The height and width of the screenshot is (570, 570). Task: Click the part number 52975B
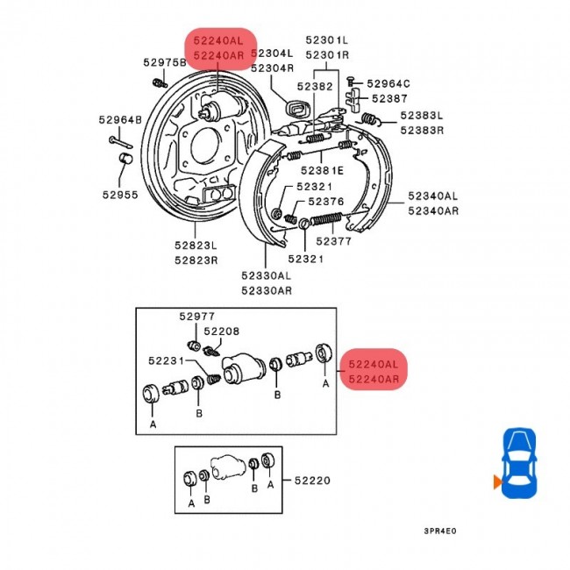coord(165,62)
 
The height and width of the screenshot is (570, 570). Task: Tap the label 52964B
coord(120,119)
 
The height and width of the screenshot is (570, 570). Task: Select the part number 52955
coord(120,195)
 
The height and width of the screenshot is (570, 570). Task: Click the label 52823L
coord(196,246)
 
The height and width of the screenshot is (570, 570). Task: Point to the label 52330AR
coord(267,291)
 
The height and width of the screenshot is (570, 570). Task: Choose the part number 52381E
coord(322,170)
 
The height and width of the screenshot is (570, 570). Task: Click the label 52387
coord(389,98)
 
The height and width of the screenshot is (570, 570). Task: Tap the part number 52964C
coord(388,83)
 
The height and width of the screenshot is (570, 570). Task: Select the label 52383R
coord(422,130)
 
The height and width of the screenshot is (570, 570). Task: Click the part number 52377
coord(334,241)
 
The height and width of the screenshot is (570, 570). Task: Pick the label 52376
coord(326,202)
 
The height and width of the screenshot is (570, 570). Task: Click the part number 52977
coord(197,317)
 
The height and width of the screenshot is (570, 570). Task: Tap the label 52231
coord(167,360)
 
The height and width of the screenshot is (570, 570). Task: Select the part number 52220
coord(312,481)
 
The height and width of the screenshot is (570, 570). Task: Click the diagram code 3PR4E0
coord(440,531)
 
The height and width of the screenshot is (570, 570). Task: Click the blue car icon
coord(519,463)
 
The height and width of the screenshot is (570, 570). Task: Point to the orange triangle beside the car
coord(497,481)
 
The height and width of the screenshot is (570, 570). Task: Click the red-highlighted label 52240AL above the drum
coord(218,40)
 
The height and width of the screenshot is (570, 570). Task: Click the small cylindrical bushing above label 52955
coord(125,159)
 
